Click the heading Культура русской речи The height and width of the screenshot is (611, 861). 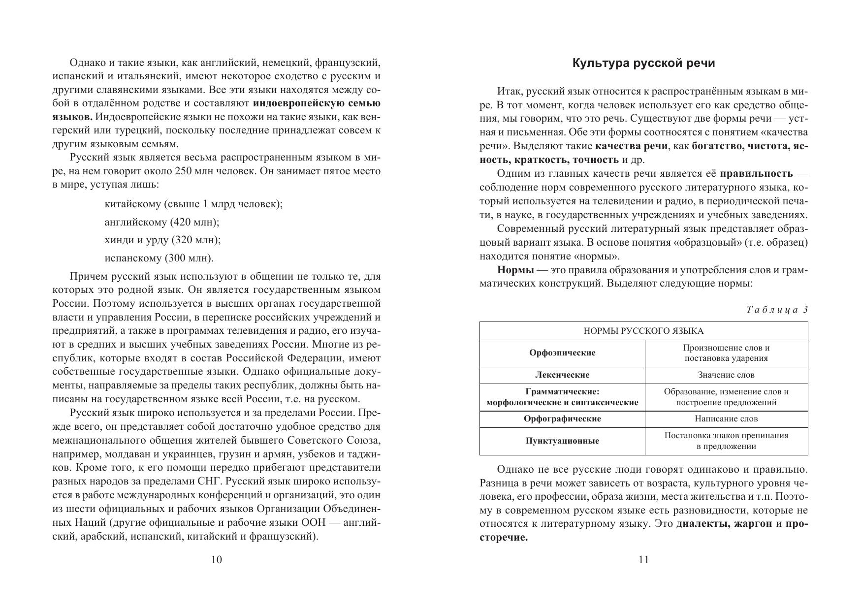pos(643,64)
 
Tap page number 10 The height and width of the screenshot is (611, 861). pos(216,559)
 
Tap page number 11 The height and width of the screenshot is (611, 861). pos(643,559)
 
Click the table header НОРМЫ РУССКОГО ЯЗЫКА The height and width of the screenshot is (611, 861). pos(643,331)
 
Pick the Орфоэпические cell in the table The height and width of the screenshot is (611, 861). pos(562,353)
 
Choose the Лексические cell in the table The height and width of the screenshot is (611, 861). pos(562,375)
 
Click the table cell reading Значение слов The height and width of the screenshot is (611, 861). pos(726,375)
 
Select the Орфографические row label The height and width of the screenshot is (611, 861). pos(562,419)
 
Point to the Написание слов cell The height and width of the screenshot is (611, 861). pos(726,419)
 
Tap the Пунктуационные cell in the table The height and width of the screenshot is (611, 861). pos(562,441)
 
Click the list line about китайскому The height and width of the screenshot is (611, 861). pos(193,204)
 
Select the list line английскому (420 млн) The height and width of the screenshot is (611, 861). pos(162,222)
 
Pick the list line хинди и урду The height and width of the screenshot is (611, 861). pos(162,240)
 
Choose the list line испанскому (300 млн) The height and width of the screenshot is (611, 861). pos(159,258)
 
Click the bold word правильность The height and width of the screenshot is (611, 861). pos(756,173)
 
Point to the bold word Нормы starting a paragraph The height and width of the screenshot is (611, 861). pos(515,270)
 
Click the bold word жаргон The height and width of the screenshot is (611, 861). pos(753,523)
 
